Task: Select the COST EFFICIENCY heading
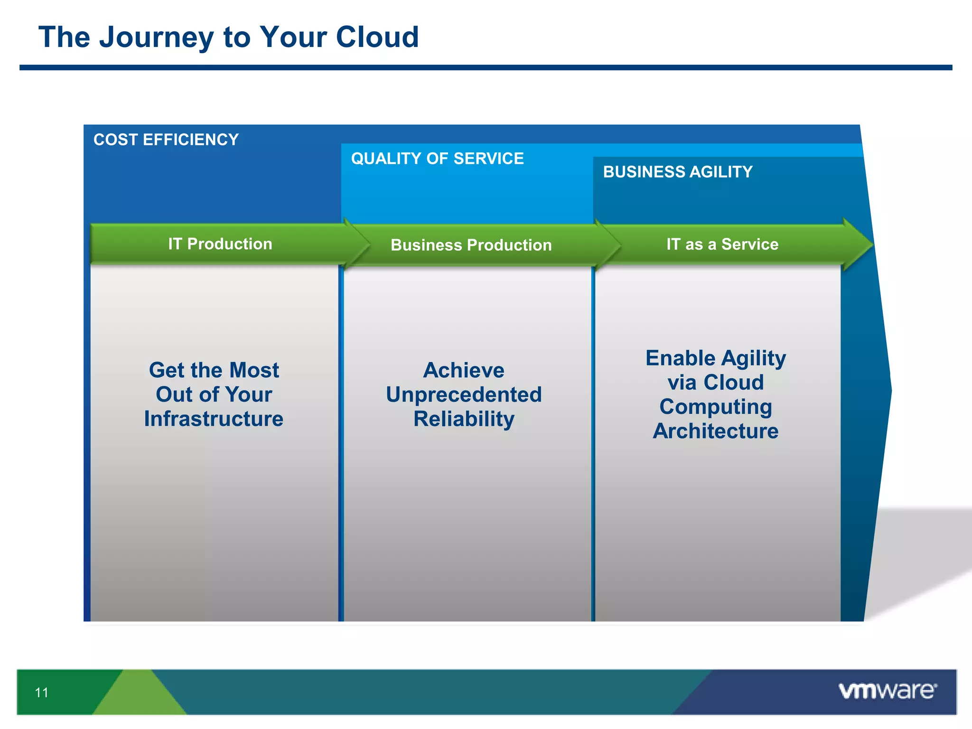coord(166,140)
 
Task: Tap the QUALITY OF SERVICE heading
coord(437,159)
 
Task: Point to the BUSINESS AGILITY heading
coord(678,172)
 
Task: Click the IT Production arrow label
coord(220,244)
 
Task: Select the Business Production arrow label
coord(471,245)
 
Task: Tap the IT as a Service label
coord(722,244)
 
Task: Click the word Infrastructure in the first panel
coord(214,419)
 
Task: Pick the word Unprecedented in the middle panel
coord(464,395)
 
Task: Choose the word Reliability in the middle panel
coord(464,419)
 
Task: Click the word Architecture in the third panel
coord(716,431)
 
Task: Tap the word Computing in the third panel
coord(716,407)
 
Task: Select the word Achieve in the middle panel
coord(464,370)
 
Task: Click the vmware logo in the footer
coord(888,691)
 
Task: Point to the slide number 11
coord(42,693)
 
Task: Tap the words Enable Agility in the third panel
coord(716,358)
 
